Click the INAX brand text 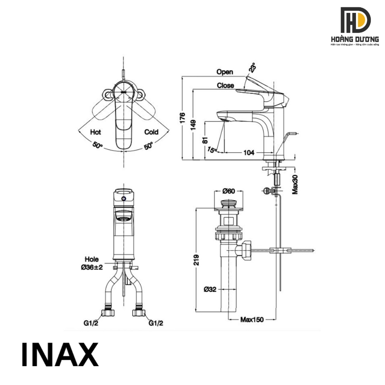coord(60,355)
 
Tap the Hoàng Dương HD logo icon coord(355,20)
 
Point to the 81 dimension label coord(205,139)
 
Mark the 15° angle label coord(212,149)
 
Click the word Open coord(225,72)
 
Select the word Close coord(225,86)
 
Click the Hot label coord(95,132)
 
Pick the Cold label coord(151,132)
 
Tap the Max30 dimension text coord(295,184)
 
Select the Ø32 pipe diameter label coord(210,290)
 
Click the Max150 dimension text coord(252,320)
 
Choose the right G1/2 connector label coord(156,324)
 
